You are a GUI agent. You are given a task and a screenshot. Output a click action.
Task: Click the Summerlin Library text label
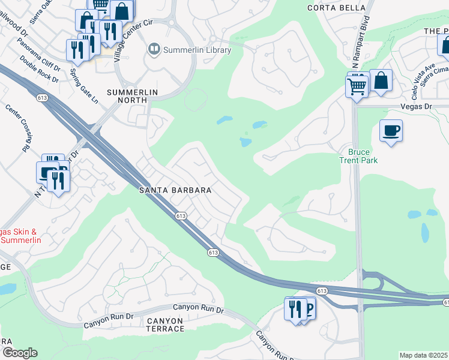(x=197, y=50)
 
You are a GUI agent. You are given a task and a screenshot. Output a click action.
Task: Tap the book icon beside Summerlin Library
(x=154, y=50)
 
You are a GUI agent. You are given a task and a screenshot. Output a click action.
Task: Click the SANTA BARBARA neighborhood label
(x=175, y=190)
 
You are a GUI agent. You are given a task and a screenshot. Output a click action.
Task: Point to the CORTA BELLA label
(x=336, y=8)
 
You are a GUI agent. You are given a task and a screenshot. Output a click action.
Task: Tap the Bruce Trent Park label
(x=358, y=156)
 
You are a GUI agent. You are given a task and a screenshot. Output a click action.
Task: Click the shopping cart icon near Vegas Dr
(x=357, y=87)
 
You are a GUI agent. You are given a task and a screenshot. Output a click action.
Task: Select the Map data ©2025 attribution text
(x=423, y=355)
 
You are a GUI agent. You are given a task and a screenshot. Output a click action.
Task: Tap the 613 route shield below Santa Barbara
(x=179, y=215)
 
